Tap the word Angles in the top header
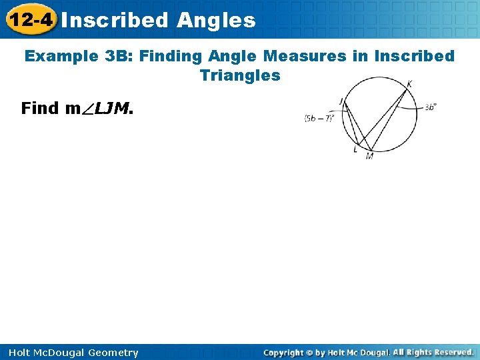pyautogui.click(x=216, y=20)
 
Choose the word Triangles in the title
pyautogui.click(x=240, y=75)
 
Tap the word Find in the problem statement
pyautogui.click(x=40, y=108)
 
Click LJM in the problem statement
pyautogui.click(x=113, y=108)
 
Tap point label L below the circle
pyautogui.click(x=355, y=151)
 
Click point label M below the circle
pyautogui.click(x=369, y=156)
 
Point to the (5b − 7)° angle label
pyautogui.click(x=319, y=118)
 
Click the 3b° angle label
pyautogui.click(x=429, y=106)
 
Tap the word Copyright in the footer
pyautogui.click(x=284, y=352)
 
